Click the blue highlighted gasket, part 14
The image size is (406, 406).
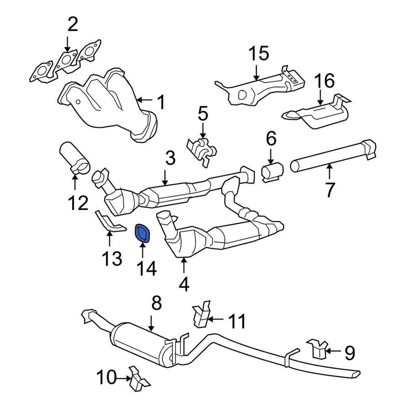click(x=142, y=233)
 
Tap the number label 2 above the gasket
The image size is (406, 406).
click(x=73, y=25)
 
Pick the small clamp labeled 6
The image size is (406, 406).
click(x=270, y=171)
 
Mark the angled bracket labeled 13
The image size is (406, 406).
click(x=108, y=222)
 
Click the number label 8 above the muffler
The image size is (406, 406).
click(x=156, y=304)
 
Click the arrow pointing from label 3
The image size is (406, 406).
click(x=165, y=177)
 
